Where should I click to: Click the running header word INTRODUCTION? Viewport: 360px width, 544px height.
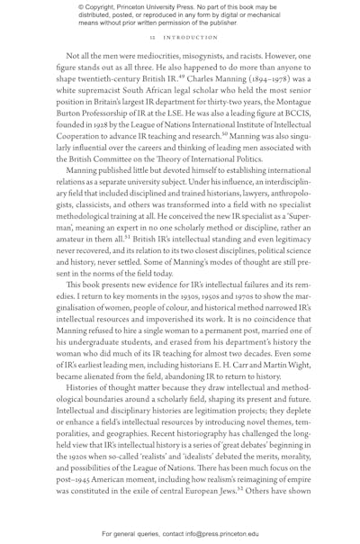(190, 38)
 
